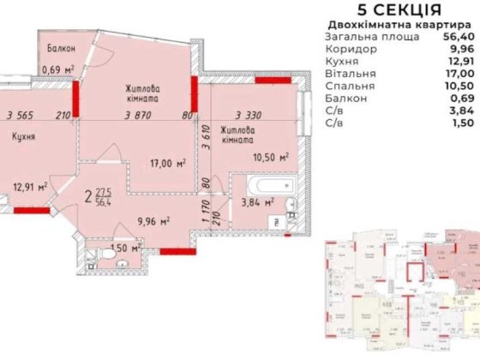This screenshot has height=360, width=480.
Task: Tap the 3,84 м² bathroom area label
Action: pyautogui.click(x=258, y=202)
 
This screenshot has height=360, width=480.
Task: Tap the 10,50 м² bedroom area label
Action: pyautogui.click(x=269, y=157)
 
